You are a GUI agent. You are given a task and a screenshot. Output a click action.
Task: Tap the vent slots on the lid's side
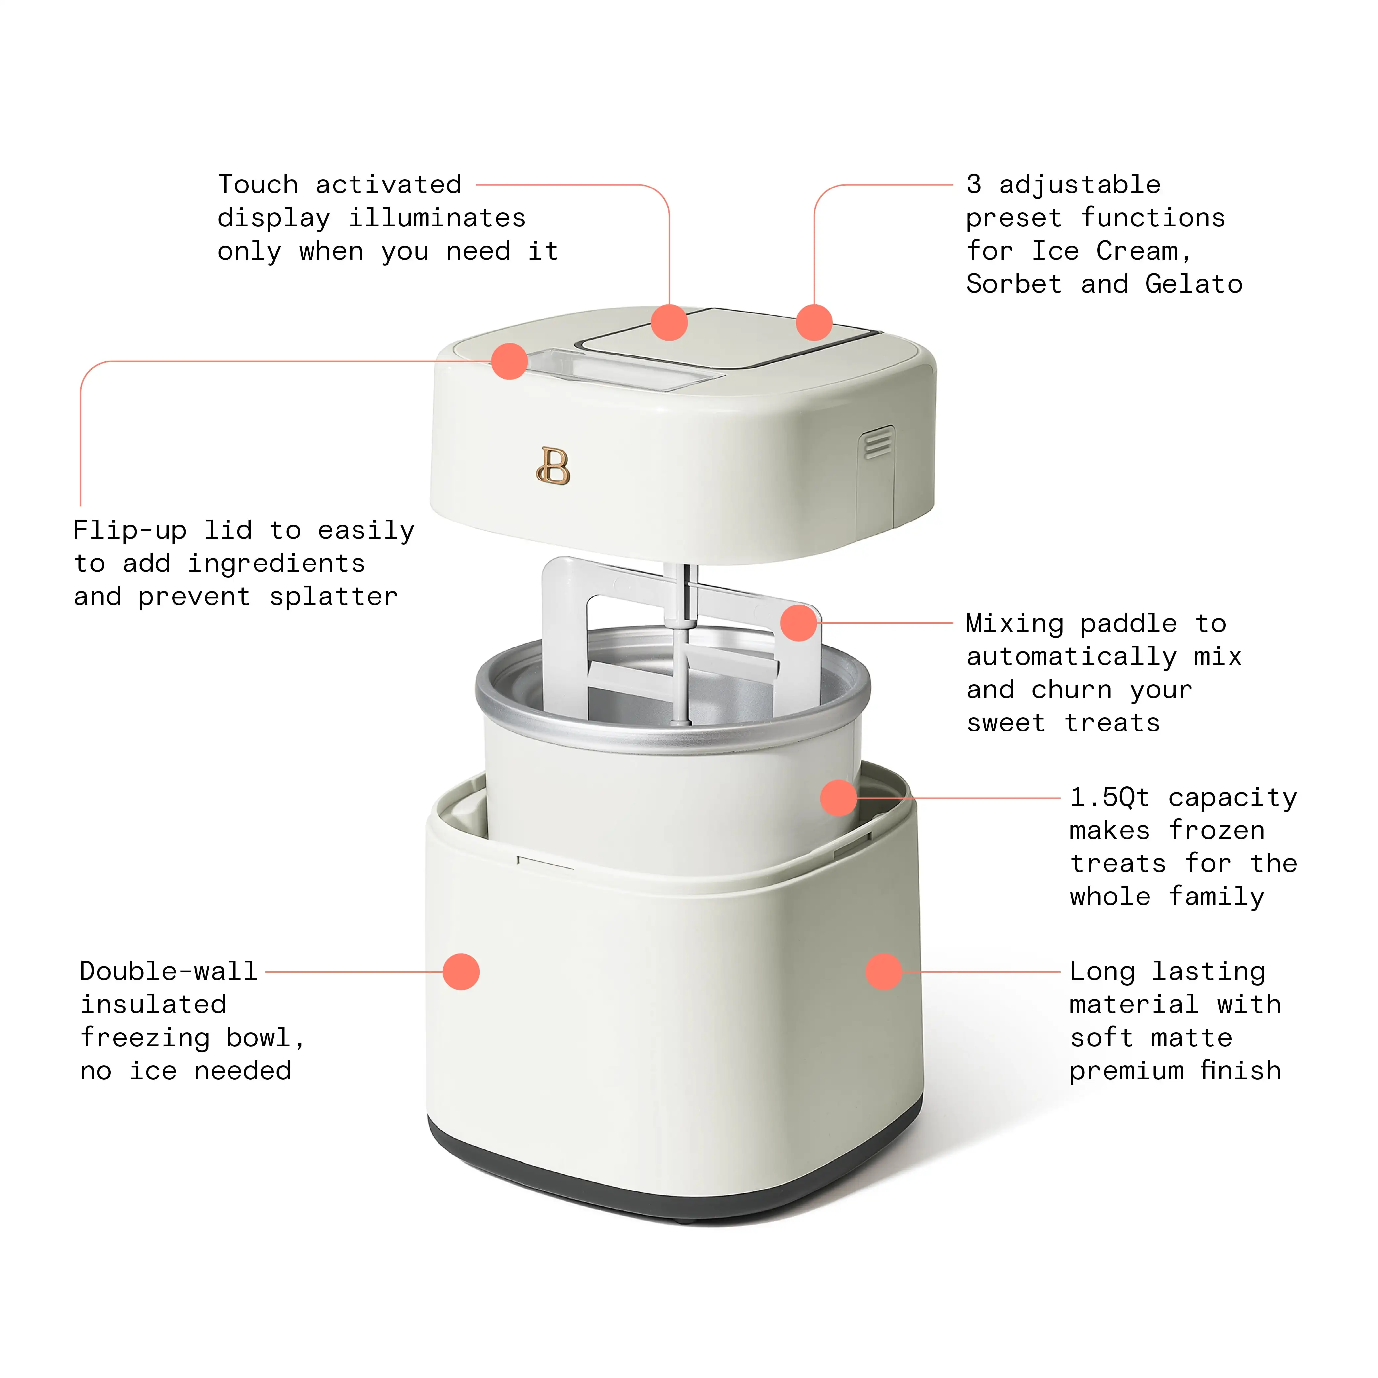[877, 444]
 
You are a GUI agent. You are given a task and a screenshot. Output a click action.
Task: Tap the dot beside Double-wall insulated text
[461, 972]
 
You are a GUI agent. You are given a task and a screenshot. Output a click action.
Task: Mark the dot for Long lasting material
[884, 972]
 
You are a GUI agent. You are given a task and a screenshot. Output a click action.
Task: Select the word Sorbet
[1014, 285]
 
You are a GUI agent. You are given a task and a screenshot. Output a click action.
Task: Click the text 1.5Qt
[1110, 797]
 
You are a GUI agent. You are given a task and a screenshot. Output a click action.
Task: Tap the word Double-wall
[168, 972]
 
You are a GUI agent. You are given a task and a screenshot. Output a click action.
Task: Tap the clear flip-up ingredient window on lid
[620, 369]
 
